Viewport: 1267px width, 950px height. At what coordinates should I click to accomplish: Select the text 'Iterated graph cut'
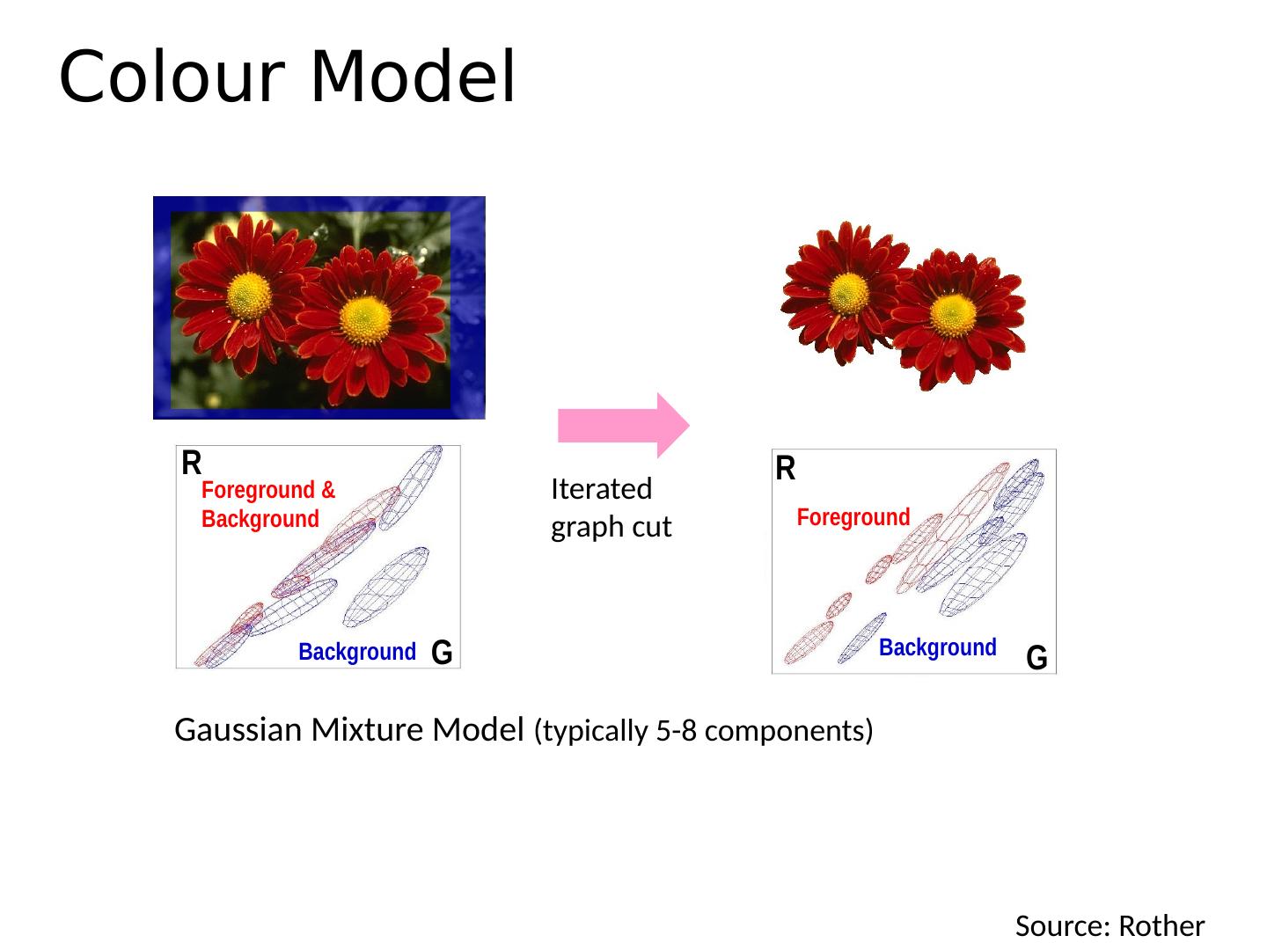611,508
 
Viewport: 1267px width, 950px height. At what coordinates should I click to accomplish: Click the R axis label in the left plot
191,463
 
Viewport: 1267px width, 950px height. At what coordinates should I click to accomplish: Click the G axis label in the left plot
442,653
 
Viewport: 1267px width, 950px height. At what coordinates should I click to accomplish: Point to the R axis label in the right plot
785,469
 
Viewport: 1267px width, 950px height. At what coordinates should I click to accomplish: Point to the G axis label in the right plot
1036,658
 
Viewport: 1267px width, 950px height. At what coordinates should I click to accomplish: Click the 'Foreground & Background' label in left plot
267,504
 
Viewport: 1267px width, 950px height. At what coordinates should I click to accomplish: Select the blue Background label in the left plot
356,653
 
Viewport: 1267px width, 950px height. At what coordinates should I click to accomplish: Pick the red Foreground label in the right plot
853,517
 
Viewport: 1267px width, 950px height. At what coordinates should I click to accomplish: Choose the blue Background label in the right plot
937,648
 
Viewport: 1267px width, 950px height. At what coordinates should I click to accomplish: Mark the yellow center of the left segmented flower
848,293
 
